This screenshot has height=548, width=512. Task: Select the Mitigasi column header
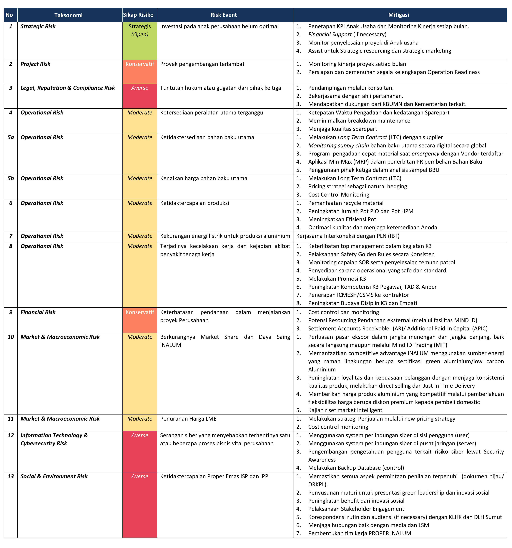tap(398, 15)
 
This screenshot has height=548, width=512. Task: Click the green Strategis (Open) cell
tap(140, 30)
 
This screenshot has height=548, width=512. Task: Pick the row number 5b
tap(11, 178)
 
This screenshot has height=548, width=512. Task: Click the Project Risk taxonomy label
tap(35, 64)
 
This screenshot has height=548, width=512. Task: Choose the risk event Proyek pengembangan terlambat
tap(202, 64)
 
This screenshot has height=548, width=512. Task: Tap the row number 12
tap(11, 435)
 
